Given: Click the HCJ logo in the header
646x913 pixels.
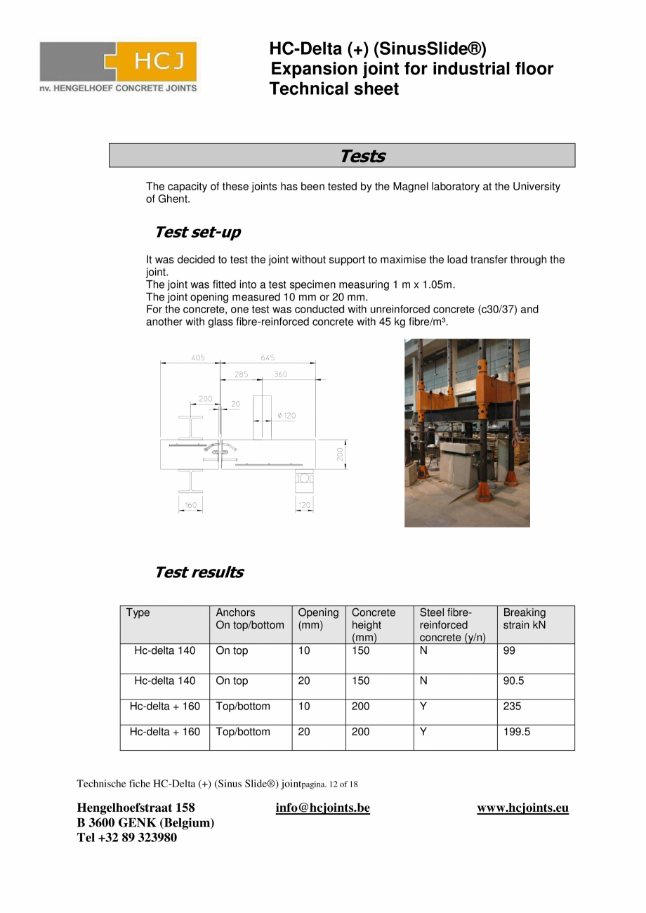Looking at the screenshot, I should [x=118, y=67].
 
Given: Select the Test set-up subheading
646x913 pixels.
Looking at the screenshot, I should [x=197, y=232].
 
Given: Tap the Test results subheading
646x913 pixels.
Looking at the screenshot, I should [x=199, y=572].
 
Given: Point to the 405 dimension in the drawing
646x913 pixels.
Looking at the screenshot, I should [x=198, y=357].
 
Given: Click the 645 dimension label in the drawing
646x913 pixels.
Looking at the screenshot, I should [x=268, y=357].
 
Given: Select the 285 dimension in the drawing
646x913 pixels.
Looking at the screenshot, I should [x=241, y=374].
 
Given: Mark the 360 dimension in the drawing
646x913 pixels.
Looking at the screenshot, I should [x=280, y=374].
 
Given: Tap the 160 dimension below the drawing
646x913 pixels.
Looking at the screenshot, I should [x=190, y=505].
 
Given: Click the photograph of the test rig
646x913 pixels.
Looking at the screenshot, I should [x=467, y=433].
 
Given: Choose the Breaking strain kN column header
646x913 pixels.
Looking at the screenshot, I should [x=524, y=619].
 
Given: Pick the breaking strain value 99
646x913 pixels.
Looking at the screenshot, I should [x=509, y=651].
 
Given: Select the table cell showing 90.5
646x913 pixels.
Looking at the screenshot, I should [x=513, y=681].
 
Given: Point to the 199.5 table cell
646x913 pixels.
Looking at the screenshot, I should [x=516, y=732].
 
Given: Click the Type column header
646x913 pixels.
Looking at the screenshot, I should [x=138, y=613].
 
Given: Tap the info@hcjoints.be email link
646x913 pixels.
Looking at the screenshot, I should [x=322, y=808].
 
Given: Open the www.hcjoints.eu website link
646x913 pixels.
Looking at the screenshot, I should [x=522, y=808].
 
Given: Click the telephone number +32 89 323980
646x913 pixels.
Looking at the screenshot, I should [x=126, y=837].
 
